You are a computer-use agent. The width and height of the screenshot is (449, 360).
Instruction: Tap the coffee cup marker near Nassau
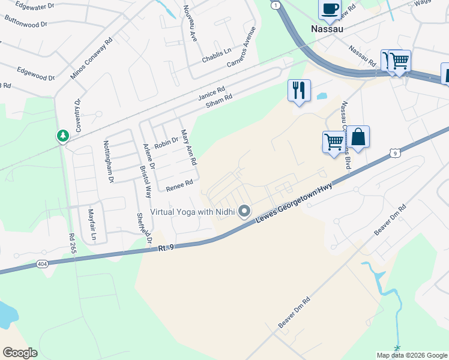click(329, 10)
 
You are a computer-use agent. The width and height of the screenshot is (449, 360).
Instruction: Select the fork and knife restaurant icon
click(299, 91)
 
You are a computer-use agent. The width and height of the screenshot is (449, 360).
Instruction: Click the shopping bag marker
click(358, 137)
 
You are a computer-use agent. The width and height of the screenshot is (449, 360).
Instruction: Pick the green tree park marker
click(62, 136)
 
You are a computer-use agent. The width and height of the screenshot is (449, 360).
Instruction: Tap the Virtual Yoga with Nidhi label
click(191, 211)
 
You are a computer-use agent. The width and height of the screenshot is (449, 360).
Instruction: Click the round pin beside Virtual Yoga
click(244, 211)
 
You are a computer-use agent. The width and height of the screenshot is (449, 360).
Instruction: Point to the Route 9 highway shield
click(394, 154)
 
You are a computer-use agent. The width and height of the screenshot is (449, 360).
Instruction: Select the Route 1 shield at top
click(275, 5)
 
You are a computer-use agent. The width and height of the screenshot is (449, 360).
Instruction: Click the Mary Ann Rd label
click(188, 148)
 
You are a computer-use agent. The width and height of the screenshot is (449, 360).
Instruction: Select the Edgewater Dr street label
click(35, 7)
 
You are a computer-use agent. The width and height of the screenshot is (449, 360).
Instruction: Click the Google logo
click(20, 353)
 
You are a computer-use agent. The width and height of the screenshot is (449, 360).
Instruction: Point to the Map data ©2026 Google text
click(411, 355)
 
